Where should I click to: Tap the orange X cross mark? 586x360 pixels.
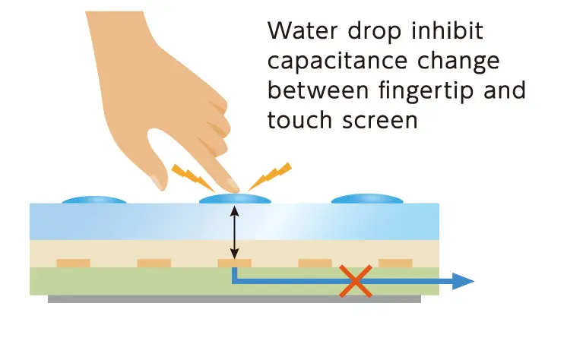(354, 281)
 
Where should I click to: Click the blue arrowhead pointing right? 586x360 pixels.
(463, 281)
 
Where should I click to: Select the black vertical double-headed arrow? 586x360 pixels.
(235, 233)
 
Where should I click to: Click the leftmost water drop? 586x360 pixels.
(93, 200)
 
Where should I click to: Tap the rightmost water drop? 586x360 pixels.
(368, 199)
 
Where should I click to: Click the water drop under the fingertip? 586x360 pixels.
(235, 199)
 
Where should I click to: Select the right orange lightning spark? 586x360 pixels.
(272, 175)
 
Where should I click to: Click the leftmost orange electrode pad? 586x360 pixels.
(73, 263)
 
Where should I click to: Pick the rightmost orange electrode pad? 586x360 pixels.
(395, 263)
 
